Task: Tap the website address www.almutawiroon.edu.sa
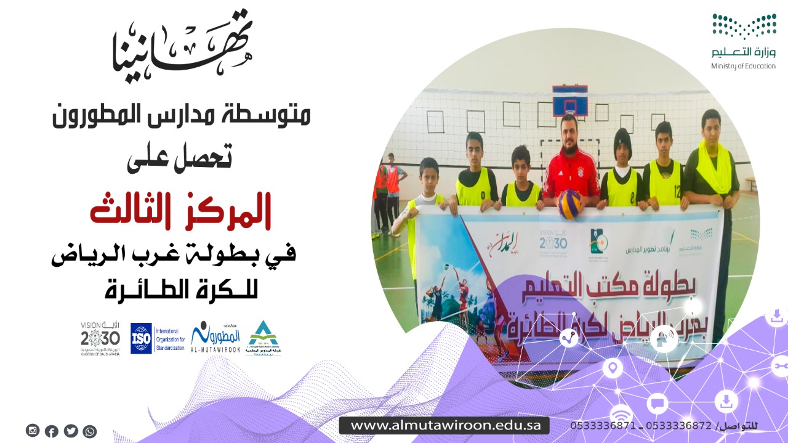pyautogui.click(x=444, y=425)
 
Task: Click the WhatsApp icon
pyautogui.click(x=90, y=431)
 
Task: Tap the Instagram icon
pyautogui.click(x=33, y=431)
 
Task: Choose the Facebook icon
pyautogui.click(x=52, y=431)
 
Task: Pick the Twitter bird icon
pyautogui.click(x=71, y=431)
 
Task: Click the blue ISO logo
pyautogui.click(x=141, y=338)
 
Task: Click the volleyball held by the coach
pyautogui.click(x=569, y=204)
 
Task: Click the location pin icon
pyautogui.click(x=613, y=369)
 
